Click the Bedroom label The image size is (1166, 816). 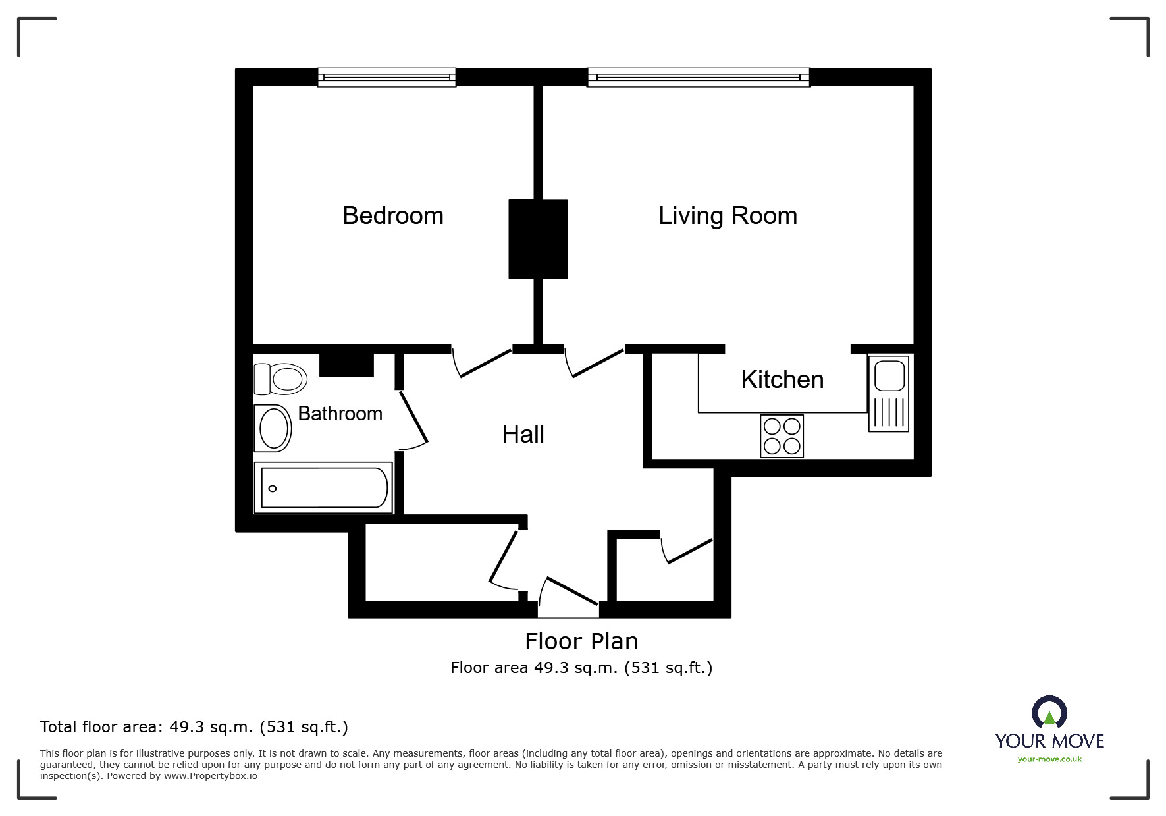pos(393,216)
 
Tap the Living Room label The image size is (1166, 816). pos(728,216)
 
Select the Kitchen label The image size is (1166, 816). pos(782,380)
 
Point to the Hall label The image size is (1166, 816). pos(523,435)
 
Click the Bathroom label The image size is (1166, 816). pos(340,414)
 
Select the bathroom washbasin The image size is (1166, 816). pos(273,428)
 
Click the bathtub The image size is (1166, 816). pos(323,487)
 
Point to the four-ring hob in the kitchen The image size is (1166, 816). pos(782,436)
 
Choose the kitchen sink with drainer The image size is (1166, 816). pos(889,394)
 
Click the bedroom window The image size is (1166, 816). pos(386,77)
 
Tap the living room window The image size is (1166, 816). pos(699,77)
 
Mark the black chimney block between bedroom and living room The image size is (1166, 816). pos(538,239)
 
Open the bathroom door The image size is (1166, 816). pos(413,419)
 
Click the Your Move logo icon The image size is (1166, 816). pos(1049,712)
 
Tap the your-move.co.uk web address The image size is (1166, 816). pos(1049,759)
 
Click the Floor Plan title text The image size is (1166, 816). pos(581,641)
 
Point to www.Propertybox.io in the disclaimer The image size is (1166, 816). pos(211,776)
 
